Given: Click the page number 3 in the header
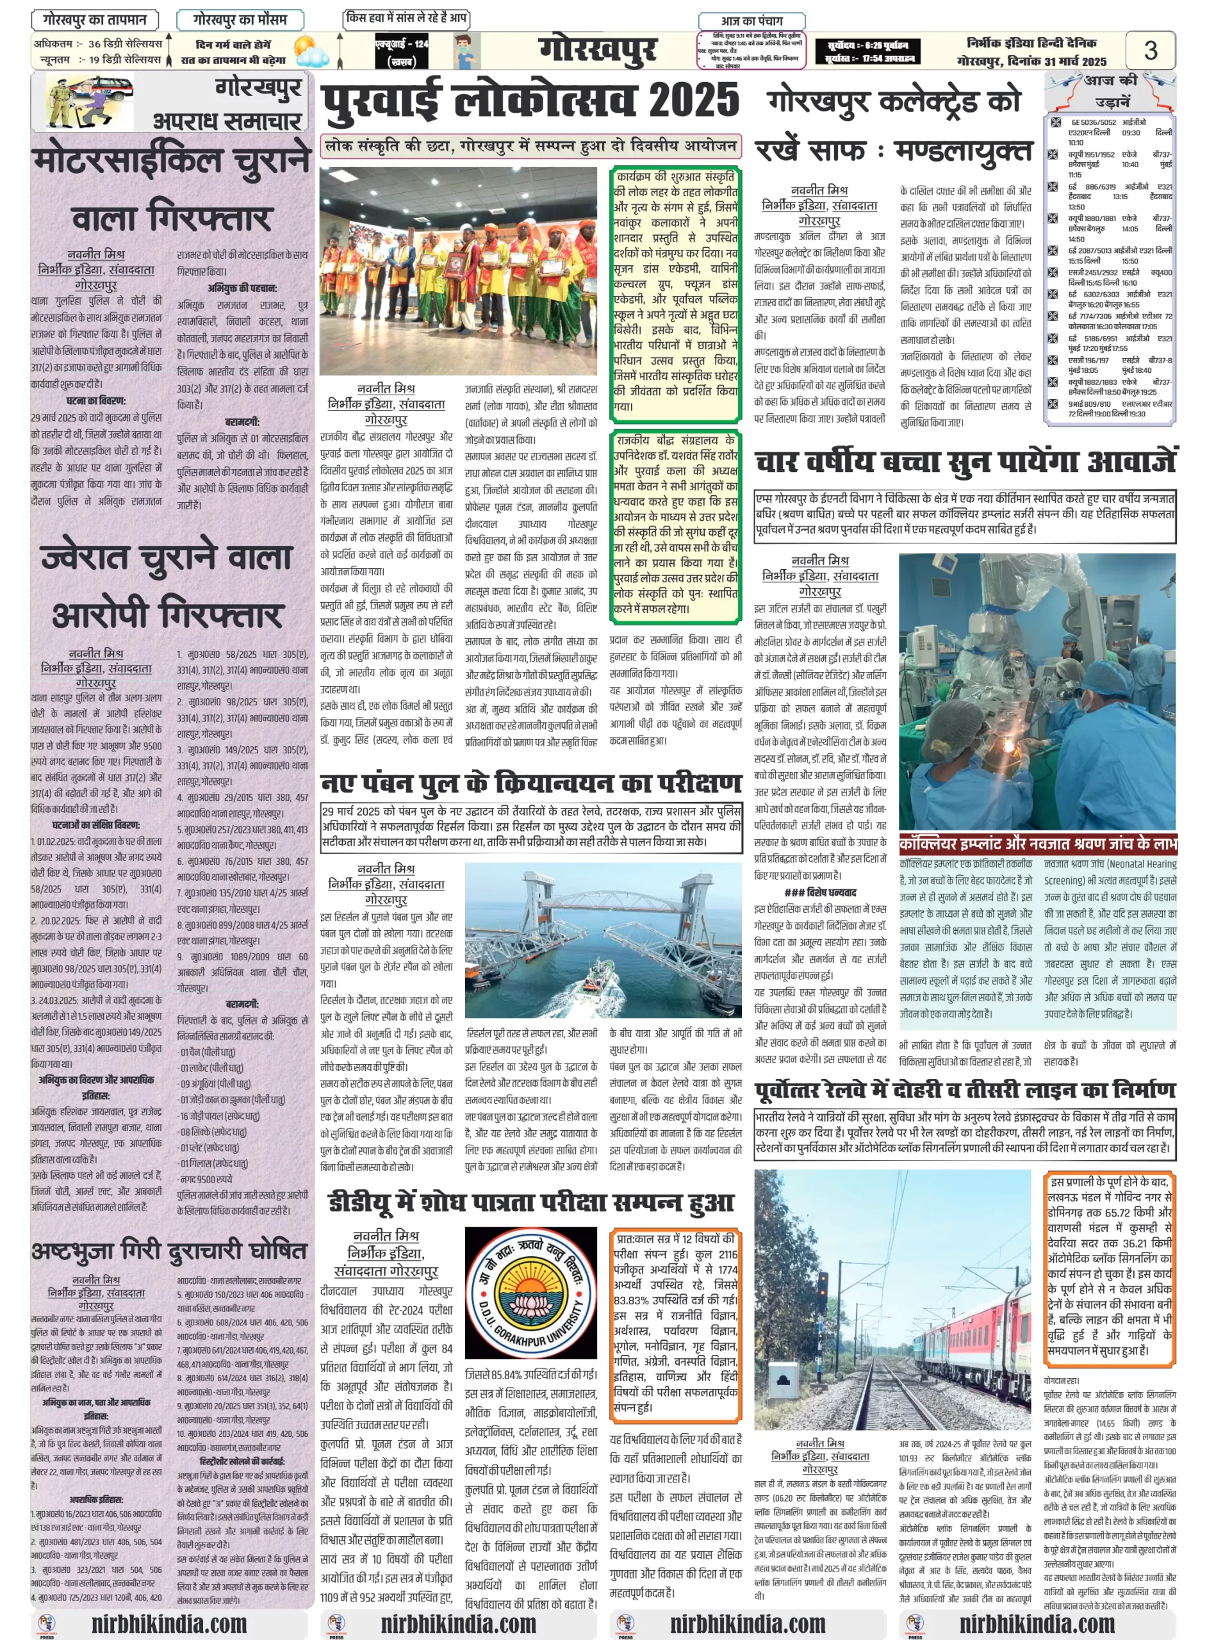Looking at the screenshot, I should coord(1150,51).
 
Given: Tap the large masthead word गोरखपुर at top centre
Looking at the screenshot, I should coord(598,51).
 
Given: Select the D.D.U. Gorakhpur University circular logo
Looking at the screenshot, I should coord(531,1292).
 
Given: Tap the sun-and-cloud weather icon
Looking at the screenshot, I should coord(310,51).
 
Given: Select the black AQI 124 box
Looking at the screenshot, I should coord(401,51).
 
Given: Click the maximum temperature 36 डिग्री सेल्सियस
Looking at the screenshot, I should coord(125,44).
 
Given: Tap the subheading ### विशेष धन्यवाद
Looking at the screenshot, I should coord(820,892).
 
